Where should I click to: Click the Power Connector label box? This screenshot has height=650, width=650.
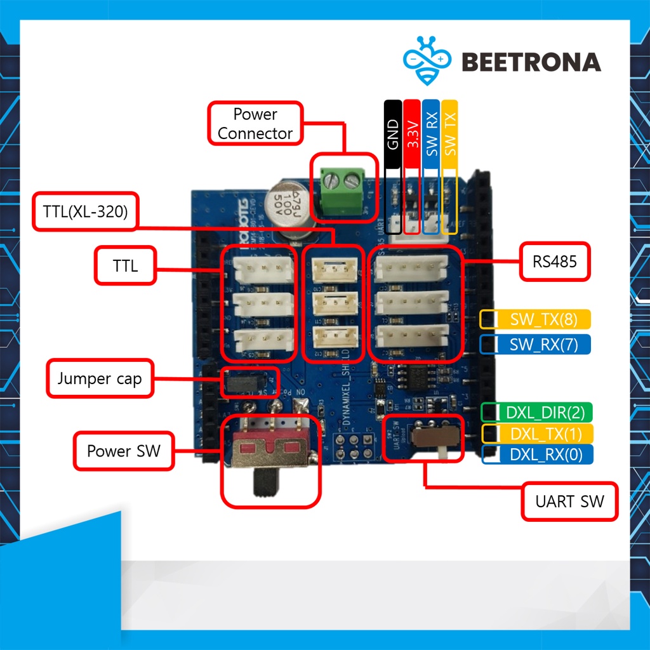(x=255, y=124)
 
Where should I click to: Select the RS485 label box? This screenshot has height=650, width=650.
(x=555, y=261)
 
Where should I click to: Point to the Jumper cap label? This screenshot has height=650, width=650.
(x=100, y=380)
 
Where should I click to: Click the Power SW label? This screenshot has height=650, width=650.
(x=124, y=451)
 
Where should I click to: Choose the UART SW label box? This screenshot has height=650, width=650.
(x=569, y=502)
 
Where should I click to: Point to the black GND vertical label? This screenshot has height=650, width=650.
(x=393, y=134)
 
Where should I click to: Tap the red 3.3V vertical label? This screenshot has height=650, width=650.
(x=412, y=134)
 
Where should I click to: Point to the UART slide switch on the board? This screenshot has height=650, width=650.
(x=434, y=438)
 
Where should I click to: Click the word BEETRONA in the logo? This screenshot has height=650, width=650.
(x=531, y=62)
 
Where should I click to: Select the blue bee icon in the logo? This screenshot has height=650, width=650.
(x=427, y=60)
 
